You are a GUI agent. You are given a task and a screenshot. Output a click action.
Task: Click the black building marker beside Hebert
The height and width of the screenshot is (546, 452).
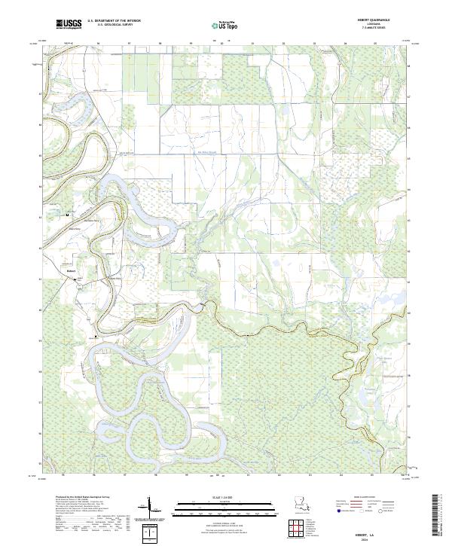click(75, 279)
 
